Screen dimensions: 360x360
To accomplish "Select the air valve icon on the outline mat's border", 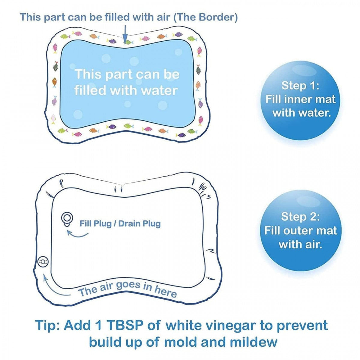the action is [43, 262].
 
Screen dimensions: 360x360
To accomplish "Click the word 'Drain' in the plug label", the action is [129, 223].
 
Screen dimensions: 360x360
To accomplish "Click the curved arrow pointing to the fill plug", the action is [77, 233].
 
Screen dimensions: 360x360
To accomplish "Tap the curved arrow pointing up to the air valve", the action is [54, 288].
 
